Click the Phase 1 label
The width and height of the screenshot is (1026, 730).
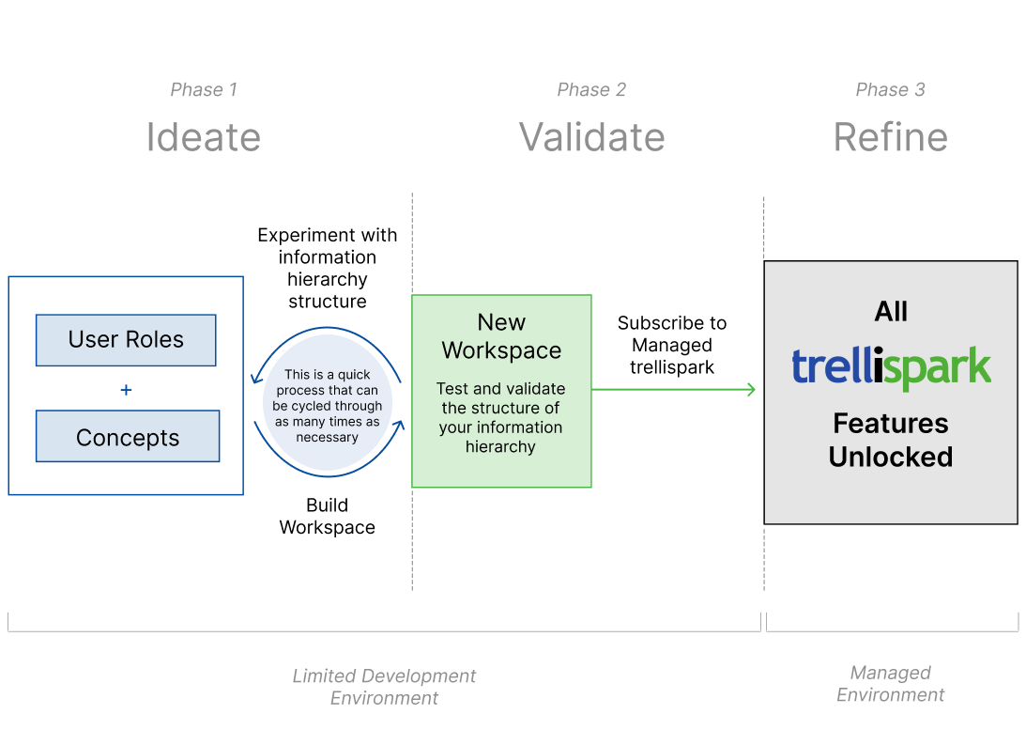coord(204,90)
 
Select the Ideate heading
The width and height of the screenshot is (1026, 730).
coord(204,137)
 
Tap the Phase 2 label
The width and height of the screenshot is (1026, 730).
coord(591,90)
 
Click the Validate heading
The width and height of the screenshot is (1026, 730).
coord(591,137)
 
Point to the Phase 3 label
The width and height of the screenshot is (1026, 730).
coord(890,90)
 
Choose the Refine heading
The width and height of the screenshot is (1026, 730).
coord(890,137)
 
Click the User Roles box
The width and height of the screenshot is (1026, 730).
coord(126,340)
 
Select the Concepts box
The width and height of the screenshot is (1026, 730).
coord(128,438)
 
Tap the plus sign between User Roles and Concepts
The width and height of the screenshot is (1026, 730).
coord(126,389)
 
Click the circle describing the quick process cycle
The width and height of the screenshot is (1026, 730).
coord(328,406)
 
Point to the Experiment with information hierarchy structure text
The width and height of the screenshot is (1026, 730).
coord(328,268)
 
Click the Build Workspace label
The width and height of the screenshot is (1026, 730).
coord(328,517)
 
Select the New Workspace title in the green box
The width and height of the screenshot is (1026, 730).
coord(501,336)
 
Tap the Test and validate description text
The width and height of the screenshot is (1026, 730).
coord(501,417)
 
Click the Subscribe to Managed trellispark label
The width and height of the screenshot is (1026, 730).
coord(672,345)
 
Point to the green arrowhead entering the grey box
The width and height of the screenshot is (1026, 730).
coord(750,389)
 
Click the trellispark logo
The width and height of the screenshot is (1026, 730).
coord(890,367)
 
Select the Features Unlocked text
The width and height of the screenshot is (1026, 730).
coord(890,440)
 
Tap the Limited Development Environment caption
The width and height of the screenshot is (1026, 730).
coord(384,687)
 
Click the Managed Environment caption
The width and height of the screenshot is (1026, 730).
coord(890,684)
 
